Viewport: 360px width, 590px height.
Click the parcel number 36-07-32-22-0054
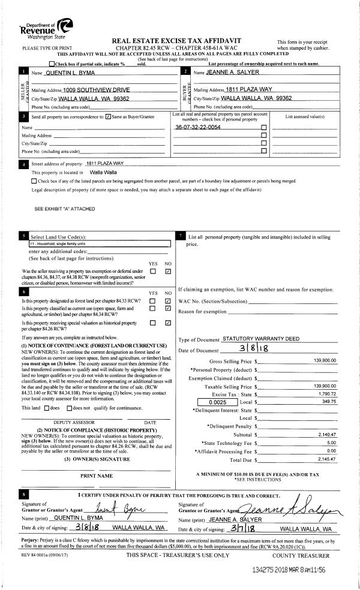point(197,128)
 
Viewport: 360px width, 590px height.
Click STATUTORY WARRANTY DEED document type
point(260,339)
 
